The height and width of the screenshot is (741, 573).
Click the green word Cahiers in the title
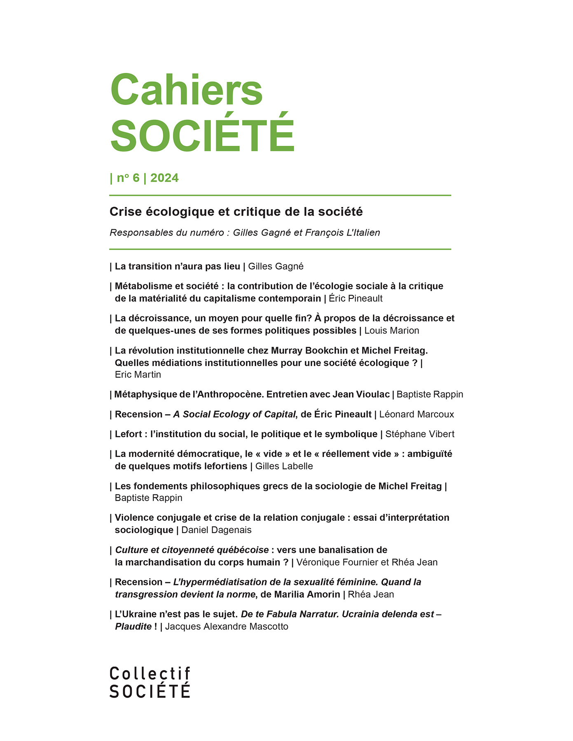coord(186,90)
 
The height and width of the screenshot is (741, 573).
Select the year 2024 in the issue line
coord(164,178)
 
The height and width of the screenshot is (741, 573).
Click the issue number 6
coord(136,178)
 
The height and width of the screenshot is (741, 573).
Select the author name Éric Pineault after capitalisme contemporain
coord(355,298)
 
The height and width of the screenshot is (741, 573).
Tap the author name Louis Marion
coord(391,331)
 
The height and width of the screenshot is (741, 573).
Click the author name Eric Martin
coord(138,375)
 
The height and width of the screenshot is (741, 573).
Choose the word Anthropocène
coord(230,394)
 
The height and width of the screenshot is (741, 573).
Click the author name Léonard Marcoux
coord(416,415)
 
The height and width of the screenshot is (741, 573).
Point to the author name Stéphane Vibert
coord(420,434)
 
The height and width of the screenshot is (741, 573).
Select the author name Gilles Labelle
coord(284,466)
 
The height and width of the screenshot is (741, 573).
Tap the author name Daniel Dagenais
coord(216,530)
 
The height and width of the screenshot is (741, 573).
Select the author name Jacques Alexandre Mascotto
coord(227,627)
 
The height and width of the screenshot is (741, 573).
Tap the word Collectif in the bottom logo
coord(150,674)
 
